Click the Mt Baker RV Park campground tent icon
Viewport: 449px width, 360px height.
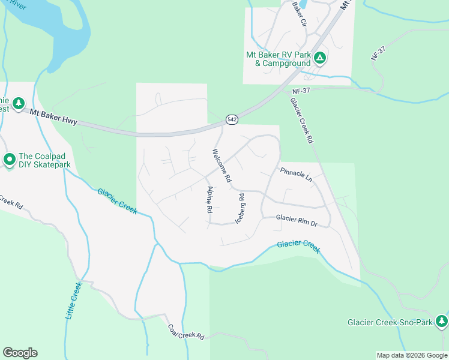[x=320, y=58]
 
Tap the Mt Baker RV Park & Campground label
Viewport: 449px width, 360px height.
[x=279, y=59]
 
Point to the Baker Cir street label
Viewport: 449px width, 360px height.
[x=299, y=13]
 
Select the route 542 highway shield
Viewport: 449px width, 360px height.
[x=232, y=120]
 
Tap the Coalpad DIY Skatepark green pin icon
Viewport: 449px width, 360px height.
[x=9, y=160]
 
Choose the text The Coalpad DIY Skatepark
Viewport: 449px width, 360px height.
[x=45, y=160]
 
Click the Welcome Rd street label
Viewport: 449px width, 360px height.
[x=220, y=166]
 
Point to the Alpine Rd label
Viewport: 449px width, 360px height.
[x=209, y=200]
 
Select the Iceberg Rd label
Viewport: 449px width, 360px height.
[x=241, y=208]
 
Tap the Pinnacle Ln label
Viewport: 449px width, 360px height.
[x=296, y=175]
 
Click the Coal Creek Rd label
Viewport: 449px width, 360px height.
[x=186, y=332]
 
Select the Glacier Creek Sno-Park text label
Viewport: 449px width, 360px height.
[x=390, y=322]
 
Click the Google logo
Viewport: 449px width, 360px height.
[x=20, y=353]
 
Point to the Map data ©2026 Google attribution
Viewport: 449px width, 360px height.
[x=412, y=355]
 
